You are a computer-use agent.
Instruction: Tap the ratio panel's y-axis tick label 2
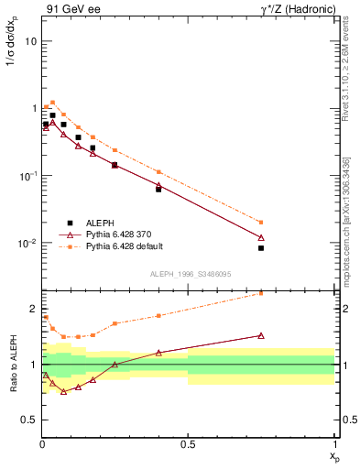point(33,309)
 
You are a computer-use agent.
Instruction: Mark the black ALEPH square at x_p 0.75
point(261,248)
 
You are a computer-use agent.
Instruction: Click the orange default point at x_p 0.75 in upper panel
point(261,222)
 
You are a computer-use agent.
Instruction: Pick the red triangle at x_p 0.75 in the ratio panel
point(261,335)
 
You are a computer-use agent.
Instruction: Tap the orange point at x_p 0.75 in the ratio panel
point(261,293)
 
